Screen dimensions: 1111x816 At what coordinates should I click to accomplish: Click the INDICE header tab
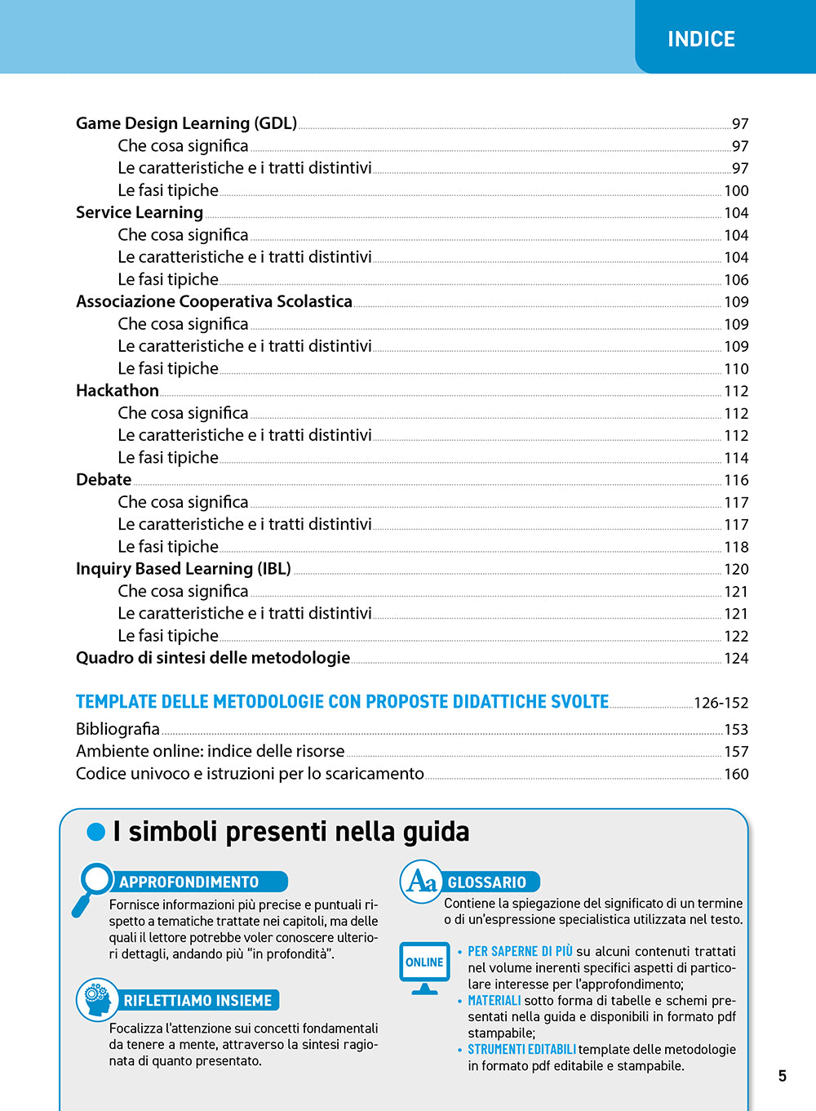(701, 39)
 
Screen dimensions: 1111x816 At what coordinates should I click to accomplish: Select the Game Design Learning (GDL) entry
(186, 123)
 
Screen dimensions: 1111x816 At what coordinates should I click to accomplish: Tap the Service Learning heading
(140, 212)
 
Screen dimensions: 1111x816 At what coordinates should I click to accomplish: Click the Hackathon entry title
(118, 390)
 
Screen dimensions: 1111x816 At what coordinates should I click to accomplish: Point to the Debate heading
(104, 480)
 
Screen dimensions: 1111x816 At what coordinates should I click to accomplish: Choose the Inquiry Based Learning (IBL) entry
(184, 569)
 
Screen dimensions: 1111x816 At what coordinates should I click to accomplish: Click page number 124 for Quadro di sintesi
(736, 659)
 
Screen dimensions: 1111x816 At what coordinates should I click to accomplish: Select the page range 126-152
(721, 703)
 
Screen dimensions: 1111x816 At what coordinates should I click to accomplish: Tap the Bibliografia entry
(118, 729)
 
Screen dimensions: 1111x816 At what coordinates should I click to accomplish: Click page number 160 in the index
(736, 774)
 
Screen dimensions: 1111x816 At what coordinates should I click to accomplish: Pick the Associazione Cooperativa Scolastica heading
(214, 301)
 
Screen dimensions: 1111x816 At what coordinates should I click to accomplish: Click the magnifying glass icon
(93, 886)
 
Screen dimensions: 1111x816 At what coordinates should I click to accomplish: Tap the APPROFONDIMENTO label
(189, 882)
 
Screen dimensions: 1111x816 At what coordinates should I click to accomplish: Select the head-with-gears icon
(97, 999)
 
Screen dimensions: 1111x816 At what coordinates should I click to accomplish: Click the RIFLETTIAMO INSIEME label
(197, 1001)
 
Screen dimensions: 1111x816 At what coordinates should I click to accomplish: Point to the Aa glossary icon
(421, 882)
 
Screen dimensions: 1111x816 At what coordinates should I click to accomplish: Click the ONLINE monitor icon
(424, 967)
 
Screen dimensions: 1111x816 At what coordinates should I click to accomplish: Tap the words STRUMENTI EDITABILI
(521, 1050)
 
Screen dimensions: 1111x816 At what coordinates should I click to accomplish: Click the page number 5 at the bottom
(782, 1076)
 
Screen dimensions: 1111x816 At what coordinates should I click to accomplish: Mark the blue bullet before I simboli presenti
(96, 832)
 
